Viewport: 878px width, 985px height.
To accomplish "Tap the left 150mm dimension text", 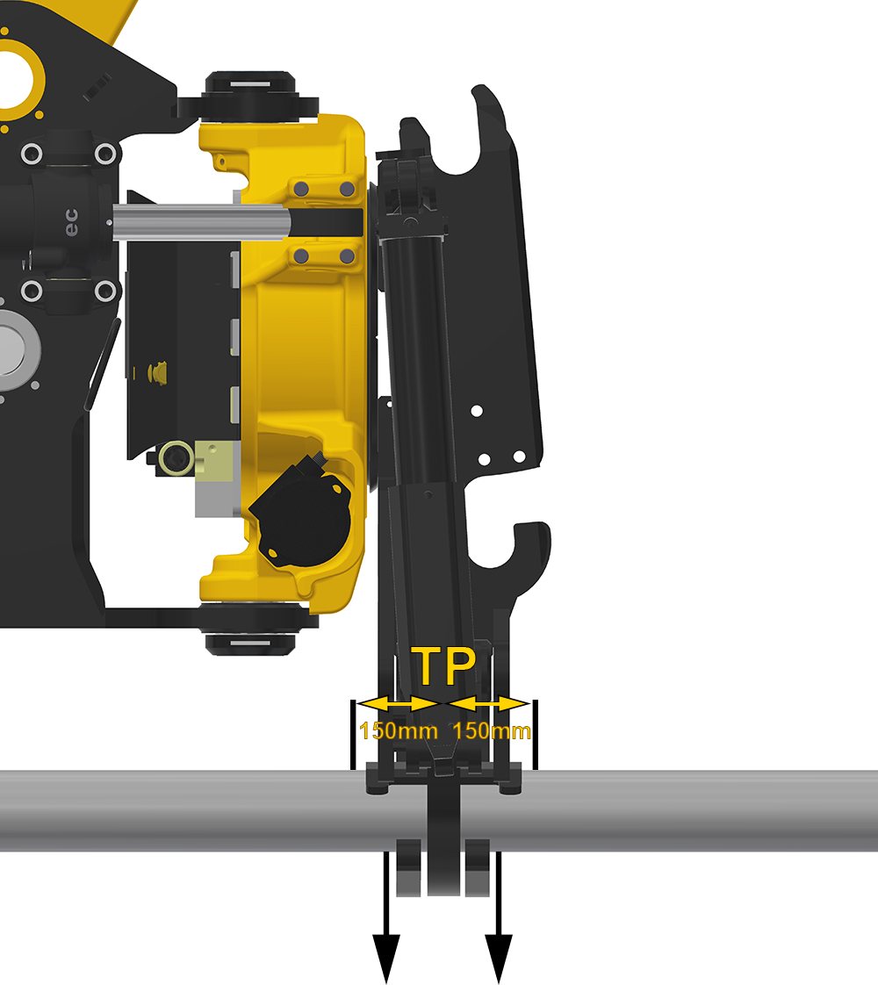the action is [399, 730].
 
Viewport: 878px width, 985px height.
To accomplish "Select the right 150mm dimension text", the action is [491, 730].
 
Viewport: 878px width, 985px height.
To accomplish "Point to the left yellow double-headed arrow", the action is [399, 703].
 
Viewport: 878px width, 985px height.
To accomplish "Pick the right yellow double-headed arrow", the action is [487, 703].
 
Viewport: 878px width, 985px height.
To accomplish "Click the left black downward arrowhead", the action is [386, 958].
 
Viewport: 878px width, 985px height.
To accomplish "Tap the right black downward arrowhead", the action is [499, 958].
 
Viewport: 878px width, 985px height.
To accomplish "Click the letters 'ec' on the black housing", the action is [72, 222].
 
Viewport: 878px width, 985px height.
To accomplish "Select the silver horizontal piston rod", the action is [201, 222].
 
